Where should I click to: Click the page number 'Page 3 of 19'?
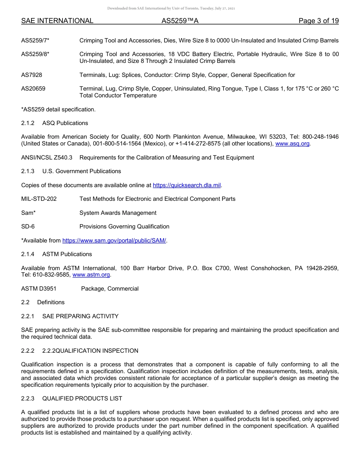(x=318, y=21)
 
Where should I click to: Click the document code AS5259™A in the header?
(x=180, y=21)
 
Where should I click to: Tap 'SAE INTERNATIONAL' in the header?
(x=57, y=21)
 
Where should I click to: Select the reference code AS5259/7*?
(x=35, y=41)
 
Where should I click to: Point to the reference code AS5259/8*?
(x=35, y=54)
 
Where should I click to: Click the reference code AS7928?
(x=32, y=75)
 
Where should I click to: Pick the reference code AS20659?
(x=33, y=89)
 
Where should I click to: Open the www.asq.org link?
(x=292, y=144)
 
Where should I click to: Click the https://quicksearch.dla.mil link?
(x=186, y=185)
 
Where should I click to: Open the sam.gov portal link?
(x=114, y=240)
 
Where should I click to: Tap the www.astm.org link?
(x=91, y=275)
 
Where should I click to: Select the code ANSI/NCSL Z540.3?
(x=47, y=158)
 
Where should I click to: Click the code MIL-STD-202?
(x=39, y=199)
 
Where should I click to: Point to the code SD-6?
(x=28, y=227)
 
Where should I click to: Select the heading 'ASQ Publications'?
(x=65, y=123)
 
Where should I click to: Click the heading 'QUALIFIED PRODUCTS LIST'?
(x=82, y=399)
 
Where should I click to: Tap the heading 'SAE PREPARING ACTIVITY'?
(x=80, y=316)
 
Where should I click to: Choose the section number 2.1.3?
(x=28, y=171)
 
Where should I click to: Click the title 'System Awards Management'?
(x=118, y=213)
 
